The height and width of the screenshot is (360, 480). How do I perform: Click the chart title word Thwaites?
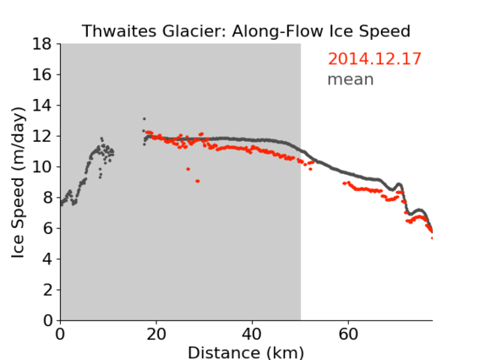(120, 31)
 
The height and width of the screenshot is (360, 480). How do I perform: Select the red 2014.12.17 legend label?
(374, 59)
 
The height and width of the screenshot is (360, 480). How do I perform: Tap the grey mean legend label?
(351, 79)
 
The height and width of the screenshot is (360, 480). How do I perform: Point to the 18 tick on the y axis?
(42, 44)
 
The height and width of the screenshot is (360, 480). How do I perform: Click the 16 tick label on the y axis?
(42, 74)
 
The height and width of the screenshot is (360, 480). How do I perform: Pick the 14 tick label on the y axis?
(42, 106)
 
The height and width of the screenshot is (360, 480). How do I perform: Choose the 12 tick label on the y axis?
(42, 136)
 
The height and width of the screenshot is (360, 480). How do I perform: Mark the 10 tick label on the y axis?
(42, 166)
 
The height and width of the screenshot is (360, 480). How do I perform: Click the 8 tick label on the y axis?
(47, 198)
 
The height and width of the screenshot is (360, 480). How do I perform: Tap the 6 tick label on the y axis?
(47, 228)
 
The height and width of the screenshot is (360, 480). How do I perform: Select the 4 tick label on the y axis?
(47, 259)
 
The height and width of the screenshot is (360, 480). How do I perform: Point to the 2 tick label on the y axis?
(47, 290)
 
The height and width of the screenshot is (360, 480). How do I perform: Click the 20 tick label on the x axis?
(156, 334)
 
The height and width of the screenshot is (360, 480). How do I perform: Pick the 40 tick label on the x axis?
(252, 334)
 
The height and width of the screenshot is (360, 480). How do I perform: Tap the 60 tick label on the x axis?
(348, 334)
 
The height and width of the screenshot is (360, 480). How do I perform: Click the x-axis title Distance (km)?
(246, 352)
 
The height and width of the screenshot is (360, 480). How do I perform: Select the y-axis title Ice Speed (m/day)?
(18, 183)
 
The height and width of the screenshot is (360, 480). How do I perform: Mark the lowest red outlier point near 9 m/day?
(198, 181)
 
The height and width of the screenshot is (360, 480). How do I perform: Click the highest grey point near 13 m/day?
(145, 119)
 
